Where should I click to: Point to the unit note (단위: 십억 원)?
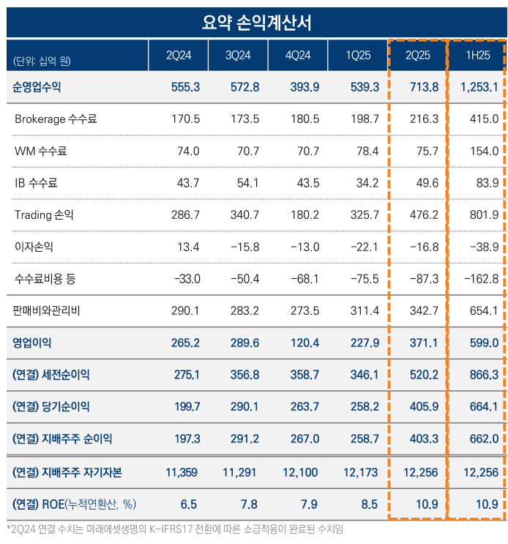(x=42, y=60)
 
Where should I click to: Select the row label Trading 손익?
(x=44, y=215)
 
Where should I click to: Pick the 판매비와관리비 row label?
(x=46, y=310)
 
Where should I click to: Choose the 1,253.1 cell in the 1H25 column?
(x=479, y=87)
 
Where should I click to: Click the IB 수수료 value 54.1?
(x=244, y=182)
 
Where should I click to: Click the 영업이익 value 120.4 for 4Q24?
(x=305, y=342)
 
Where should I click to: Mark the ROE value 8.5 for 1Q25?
(x=369, y=504)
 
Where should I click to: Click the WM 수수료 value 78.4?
(x=365, y=151)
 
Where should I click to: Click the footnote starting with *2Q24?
(x=175, y=529)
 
